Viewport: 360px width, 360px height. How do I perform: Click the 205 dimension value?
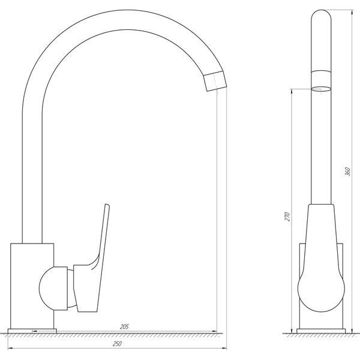tap(124, 326)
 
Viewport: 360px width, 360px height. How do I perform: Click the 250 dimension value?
tap(117, 344)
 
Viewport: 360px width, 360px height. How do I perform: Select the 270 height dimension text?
tap(287, 217)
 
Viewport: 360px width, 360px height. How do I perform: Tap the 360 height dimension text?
tap(347, 172)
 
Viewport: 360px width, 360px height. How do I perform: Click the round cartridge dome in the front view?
tap(53, 289)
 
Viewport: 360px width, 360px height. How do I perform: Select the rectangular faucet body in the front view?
tap(32, 286)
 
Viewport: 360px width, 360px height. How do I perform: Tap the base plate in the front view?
tap(32, 331)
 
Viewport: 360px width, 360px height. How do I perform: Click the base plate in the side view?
tap(321, 331)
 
